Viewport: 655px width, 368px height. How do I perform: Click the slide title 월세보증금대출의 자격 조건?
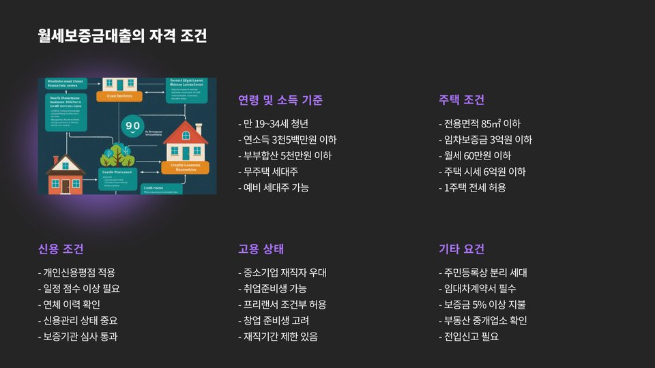click(122, 35)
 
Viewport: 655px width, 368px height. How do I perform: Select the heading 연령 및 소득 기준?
click(280, 100)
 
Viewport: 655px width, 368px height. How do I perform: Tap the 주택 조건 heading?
click(461, 100)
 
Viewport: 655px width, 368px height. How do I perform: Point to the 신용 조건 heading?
click(61, 249)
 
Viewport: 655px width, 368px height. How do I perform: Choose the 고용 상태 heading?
click(261, 249)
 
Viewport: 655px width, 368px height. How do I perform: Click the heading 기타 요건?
click(461, 249)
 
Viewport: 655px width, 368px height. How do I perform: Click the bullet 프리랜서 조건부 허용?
click(282, 305)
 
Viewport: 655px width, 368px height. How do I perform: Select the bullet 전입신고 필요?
click(468, 336)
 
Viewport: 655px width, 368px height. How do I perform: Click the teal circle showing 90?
click(132, 127)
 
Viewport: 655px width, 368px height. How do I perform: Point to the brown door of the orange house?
click(65, 185)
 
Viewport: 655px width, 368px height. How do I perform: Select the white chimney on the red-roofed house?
click(199, 127)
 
